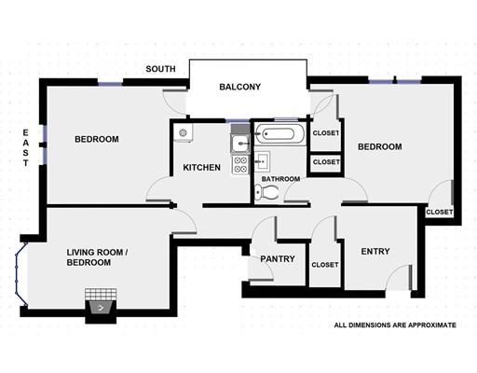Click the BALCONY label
(x=239, y=87)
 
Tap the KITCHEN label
(x=202, y=168)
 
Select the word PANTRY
(x=278, y=258)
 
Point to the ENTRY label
(x=375, y=251)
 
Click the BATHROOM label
(x=280, y=179)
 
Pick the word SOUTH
(x=160, y=69)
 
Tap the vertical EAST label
(x=25, y=147)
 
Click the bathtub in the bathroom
(x=279, y=134)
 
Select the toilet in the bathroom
(x=266, y=193)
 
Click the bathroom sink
(x=263, y=161)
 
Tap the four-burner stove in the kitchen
(x=240, y=165)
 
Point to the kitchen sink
(x=240, y=144)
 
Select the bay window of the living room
(x=21, y=273)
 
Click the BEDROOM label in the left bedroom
(x=97, y=139)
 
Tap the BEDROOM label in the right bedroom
(x=380, y=146)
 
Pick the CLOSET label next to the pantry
(x=325, y=265)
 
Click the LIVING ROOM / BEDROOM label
(x=97, y=257)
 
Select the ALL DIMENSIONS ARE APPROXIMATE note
(x=395, y=325)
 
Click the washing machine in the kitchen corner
(x=183, y=132)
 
